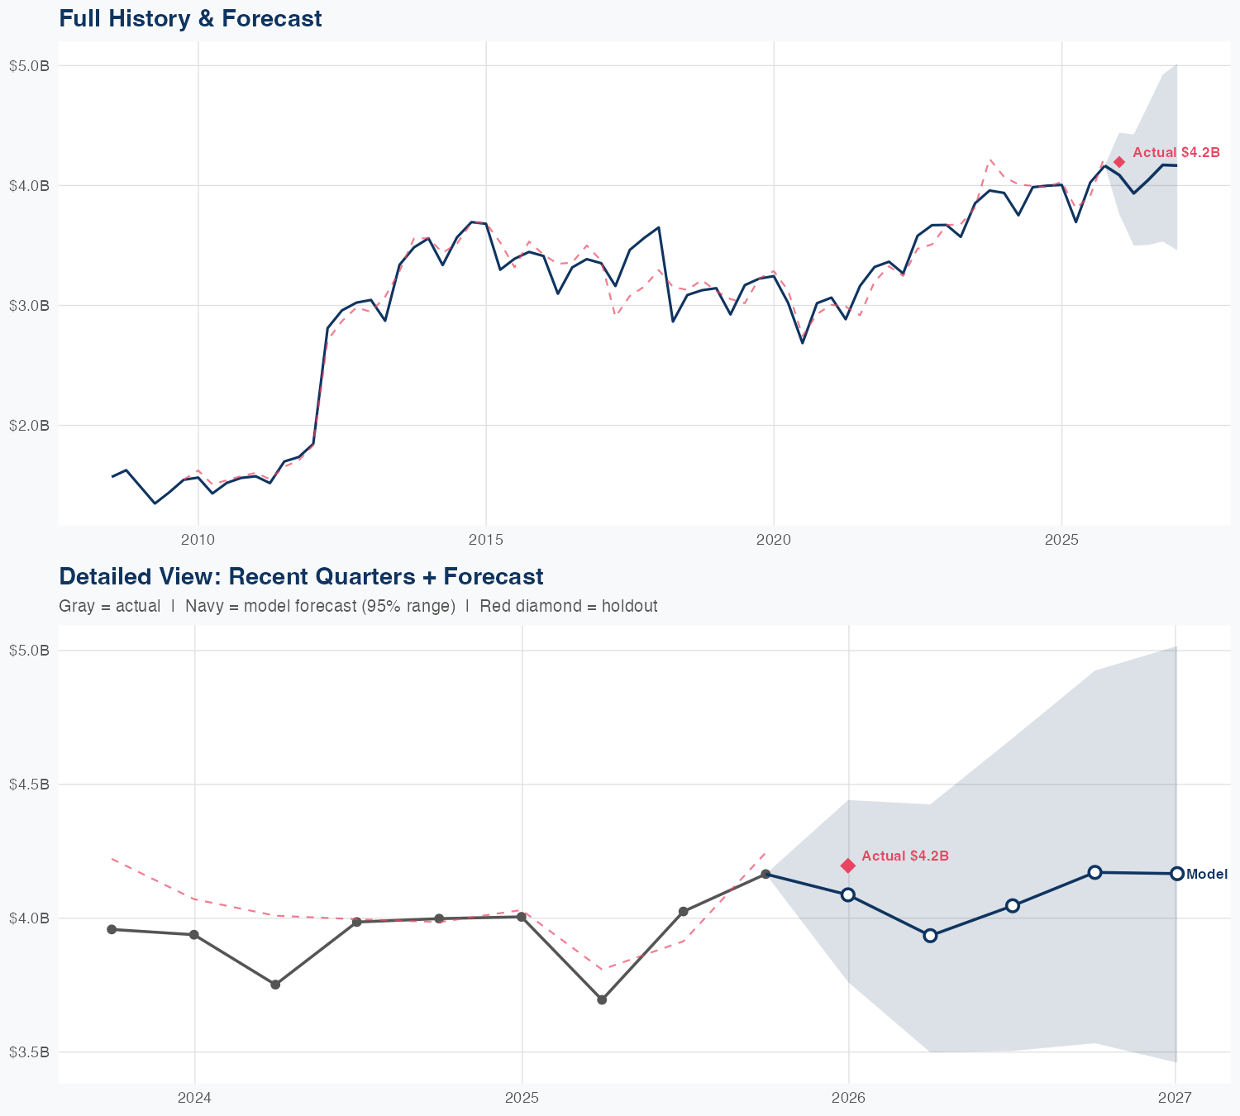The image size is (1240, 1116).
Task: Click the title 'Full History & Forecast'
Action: click(x=190, y=18)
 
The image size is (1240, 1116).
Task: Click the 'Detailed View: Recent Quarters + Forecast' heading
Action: click(x=301, y=576)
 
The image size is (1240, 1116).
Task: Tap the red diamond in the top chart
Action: click(x=1118, y=162)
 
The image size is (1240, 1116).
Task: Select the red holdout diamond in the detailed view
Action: click(x=847, y=866)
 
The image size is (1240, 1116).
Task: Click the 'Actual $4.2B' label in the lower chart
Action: click(x=904, y=856)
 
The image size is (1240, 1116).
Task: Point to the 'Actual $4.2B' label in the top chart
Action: click(x=1176, y=152)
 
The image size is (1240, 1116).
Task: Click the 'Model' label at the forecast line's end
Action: click(x=1206, y=874)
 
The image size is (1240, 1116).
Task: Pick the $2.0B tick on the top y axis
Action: click(x=29, y=426)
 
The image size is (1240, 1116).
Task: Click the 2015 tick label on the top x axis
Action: click(x=485, y=540)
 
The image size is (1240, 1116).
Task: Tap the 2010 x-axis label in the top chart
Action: click(x=198, y=540)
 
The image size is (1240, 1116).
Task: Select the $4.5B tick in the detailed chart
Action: click(x=29, y=785)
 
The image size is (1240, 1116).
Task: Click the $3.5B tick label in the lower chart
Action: click(x=29, y=1052)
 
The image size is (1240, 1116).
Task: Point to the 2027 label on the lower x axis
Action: click(x=1175, y=1098)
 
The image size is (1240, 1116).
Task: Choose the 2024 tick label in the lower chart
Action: click(x=195, y=1098)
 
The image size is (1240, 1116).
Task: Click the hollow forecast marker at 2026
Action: click(x=847, y=894)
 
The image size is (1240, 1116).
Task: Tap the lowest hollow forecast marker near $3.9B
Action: click(x=930, y=935)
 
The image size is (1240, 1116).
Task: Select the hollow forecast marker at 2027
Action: click(x=1176, y=874)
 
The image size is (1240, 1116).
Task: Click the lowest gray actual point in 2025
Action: click(x=602, y=999)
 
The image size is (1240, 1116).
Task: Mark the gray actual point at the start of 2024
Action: click(x=194, y=934)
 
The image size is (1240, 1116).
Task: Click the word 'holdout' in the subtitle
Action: click(x=629, y=606)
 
